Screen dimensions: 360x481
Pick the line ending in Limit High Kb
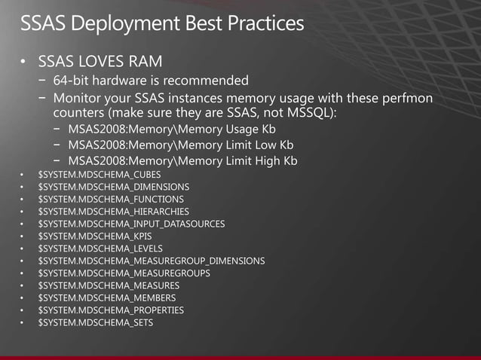click(x=182, y=161)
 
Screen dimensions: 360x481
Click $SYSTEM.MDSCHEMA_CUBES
click(x=99, y=175)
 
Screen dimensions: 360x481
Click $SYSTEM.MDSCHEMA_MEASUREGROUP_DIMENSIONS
click(x=151, y=261)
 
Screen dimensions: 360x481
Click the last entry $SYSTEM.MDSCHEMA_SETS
click(x=95, y=322)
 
